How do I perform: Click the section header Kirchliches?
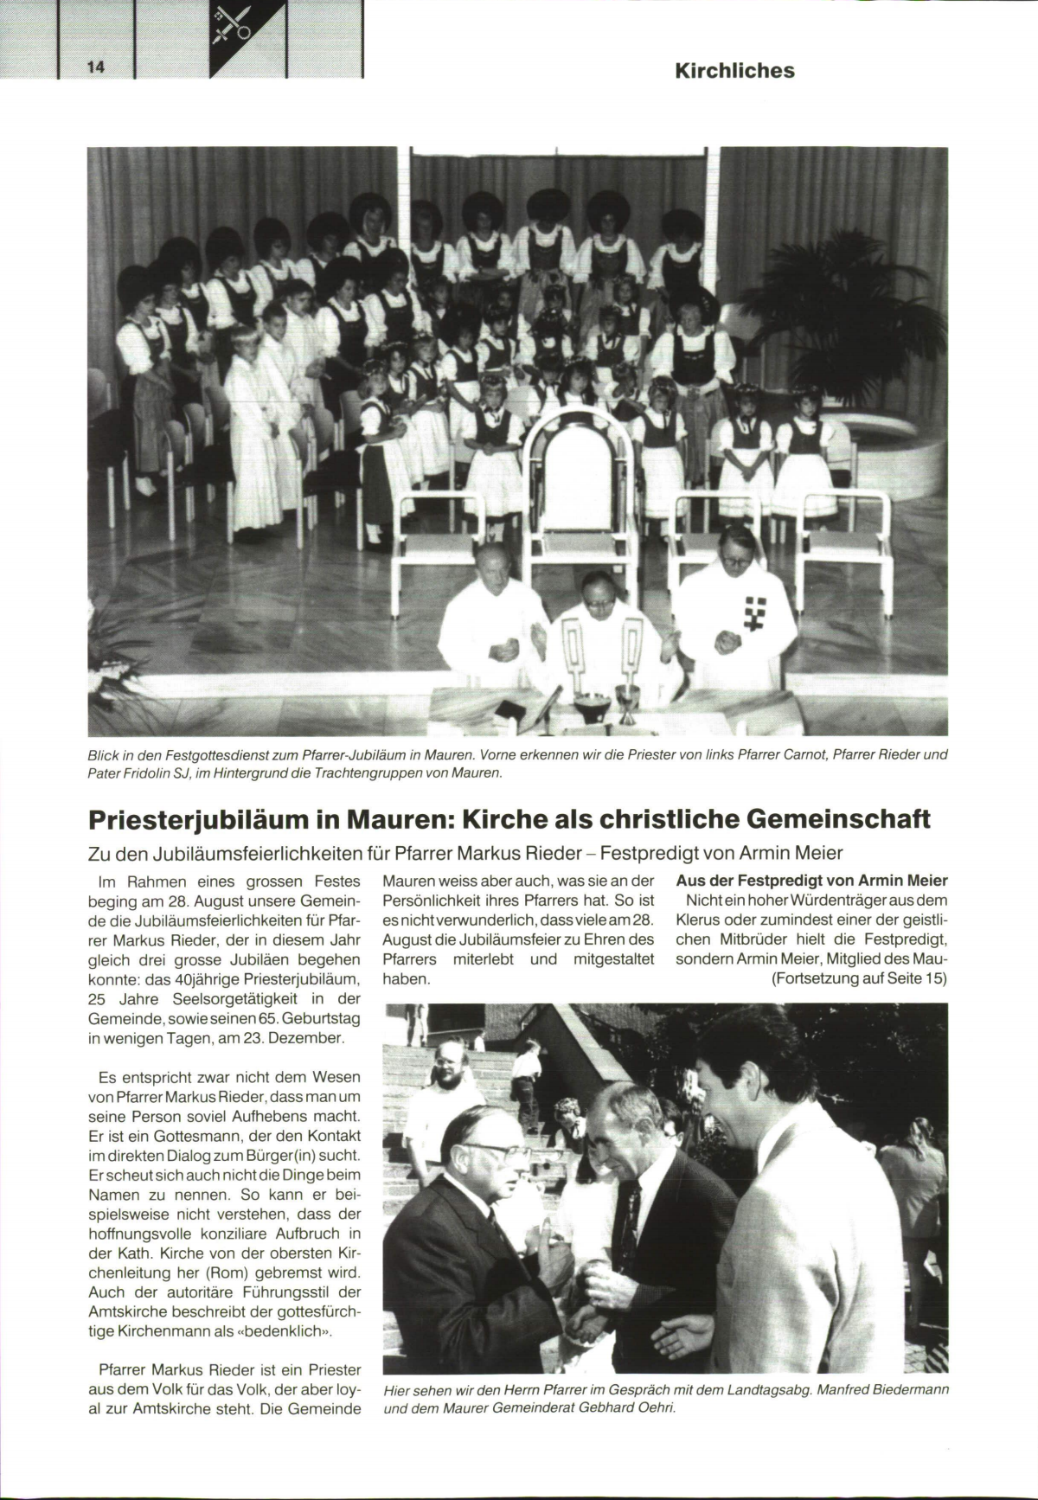[734, 71]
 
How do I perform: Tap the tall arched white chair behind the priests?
[570, 484]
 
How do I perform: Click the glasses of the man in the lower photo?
[501, 1152]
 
